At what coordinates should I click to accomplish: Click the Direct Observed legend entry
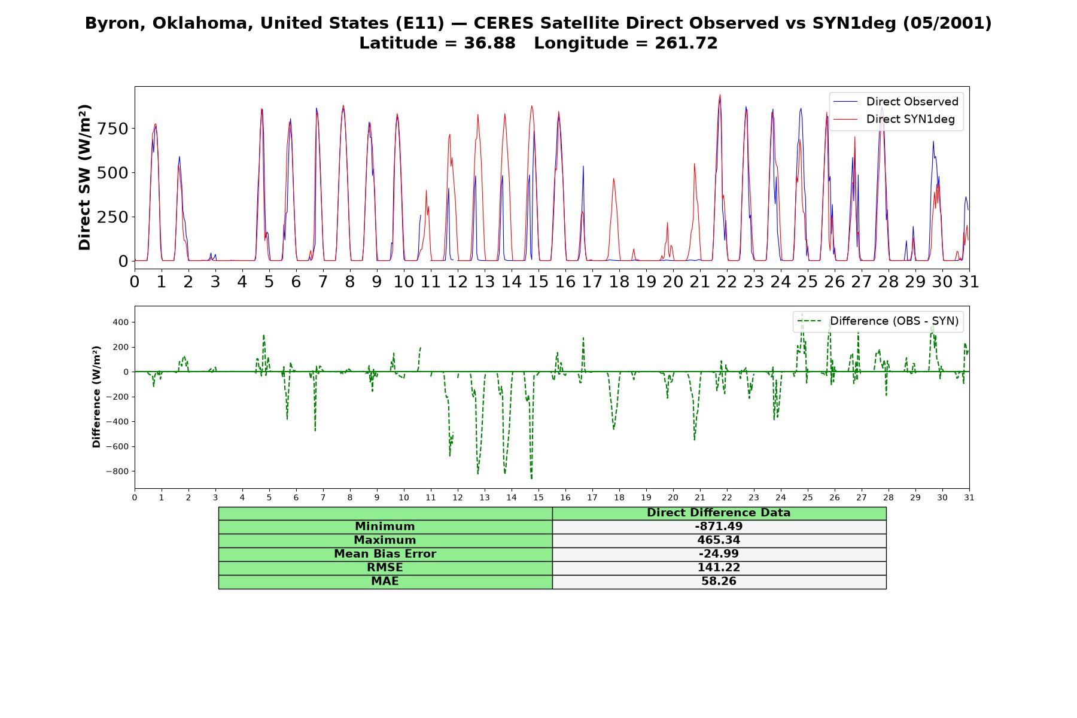[x=896, y=102]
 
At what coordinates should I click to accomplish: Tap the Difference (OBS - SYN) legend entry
[x=878, y=321]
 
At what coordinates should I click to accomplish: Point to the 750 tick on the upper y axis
[x=114, y=129]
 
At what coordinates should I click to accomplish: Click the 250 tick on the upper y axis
[x=114, y=217]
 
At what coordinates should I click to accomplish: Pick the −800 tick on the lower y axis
[x=117, y=471]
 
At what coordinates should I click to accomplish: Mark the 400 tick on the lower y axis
[x=121, y=322]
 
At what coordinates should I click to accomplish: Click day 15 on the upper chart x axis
[x=538, y=281]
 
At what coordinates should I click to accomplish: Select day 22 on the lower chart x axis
[x=726, y=497]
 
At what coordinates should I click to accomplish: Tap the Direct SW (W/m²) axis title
[x=84, y=177]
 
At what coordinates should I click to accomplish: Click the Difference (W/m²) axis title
[x=96, y=397]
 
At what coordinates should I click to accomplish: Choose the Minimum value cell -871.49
[x=719, y=527]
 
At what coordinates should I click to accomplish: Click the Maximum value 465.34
[x=719, y=540]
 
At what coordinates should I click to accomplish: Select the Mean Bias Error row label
[x=385, y=554]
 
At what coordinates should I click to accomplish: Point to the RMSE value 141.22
[x=719, y=568]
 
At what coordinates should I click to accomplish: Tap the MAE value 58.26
[x=719, y=582]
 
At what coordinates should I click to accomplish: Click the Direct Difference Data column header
[x=719, y=513]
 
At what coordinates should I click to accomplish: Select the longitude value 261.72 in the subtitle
[x=686, y=43]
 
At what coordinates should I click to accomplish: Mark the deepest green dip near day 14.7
[x=531, y=477]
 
